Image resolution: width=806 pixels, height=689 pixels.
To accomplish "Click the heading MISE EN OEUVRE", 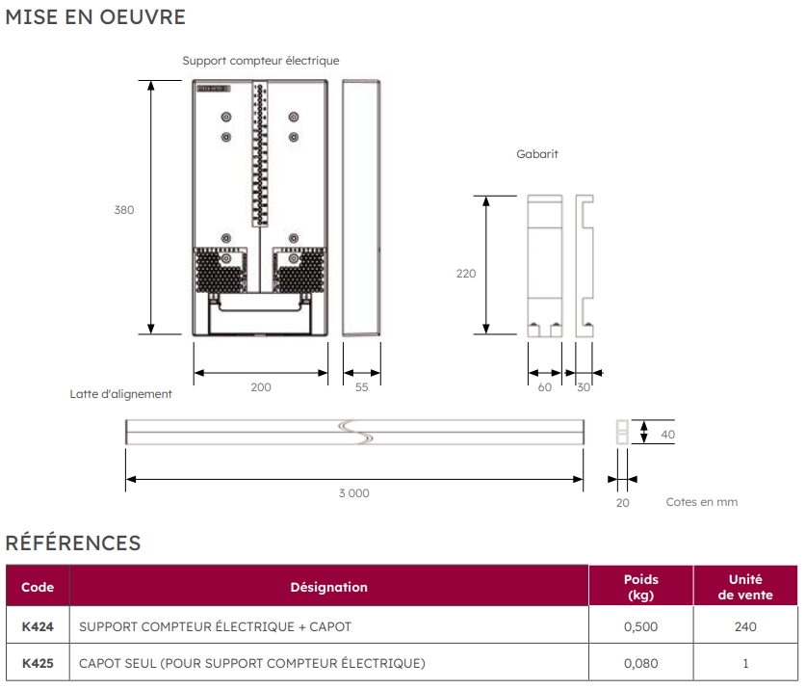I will pyautogui.click(x=95, y=17).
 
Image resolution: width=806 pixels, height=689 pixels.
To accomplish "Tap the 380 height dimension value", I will pyautogui.click(x=124, y=210).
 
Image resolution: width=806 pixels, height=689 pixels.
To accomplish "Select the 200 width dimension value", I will pyautogui.click(x=261, y=387).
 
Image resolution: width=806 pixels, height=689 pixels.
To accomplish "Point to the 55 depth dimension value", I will pyautogui.click(x=361, y=387).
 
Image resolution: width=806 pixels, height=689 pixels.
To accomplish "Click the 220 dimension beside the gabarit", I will pyautogui.click(x=466, y=274).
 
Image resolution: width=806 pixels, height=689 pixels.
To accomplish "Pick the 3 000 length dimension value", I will pyautogui.click(x=353, y=493).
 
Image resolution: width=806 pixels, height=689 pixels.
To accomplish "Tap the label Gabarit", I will pyautogui.click(x=537, y=153).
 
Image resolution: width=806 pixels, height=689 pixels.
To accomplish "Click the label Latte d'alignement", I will pyautogui.click(x=120, y=393).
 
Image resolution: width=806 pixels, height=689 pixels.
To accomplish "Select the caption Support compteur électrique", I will pyautogui.click(x=261, y=61).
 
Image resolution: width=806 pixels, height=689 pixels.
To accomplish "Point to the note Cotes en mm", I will pyautogui.click(x=702, y=502).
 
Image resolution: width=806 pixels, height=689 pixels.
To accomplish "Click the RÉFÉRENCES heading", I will pyautogui.click(x=73, y=543).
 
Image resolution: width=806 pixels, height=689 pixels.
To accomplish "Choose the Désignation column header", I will pyautogui.click(x=328, y=587).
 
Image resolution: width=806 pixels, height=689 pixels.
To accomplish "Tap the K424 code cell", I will pyautogui.click(x=38, y=627).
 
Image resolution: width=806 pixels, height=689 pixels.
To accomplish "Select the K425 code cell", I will pyautogui.click(x=38, y=663).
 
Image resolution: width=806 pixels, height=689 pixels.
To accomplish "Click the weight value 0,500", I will pyautogui.click(x=640, y=627).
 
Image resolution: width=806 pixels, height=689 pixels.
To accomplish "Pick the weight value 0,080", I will pyautogui.click(x=640, y=663).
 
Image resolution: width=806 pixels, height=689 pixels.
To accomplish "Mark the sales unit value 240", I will pyautogui.click(x=745, y=627).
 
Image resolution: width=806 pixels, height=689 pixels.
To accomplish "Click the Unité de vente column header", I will pyautogui.click(x=745, y=587).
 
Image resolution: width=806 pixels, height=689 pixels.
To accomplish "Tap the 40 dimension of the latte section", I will pyautogui.click(x=667, y=435).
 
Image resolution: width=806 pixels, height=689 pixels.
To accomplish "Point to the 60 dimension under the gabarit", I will pyautogui.click(x=545, y=387).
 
